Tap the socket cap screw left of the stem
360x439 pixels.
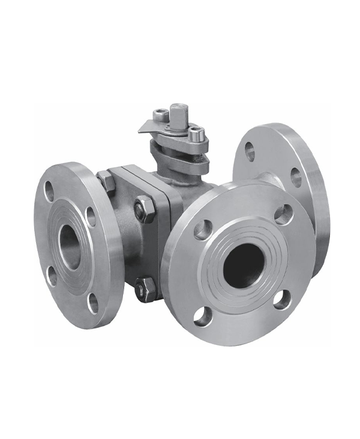[x=160, y=113]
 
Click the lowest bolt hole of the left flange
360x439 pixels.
[x=93, y=303]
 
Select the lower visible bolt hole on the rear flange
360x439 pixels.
[x=296, y=178]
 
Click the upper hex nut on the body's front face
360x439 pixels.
[x=145, y=210]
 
